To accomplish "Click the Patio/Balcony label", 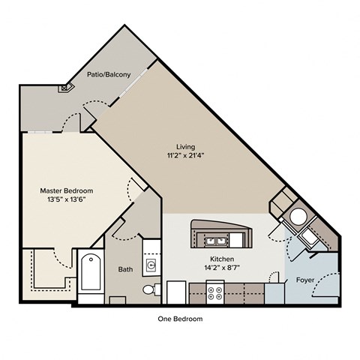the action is [x=109, y=74].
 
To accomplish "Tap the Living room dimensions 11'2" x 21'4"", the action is [x=186, y=155].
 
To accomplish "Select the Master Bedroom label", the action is [x=67, y=190].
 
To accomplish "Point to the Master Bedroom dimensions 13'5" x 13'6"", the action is [x=67, y=199].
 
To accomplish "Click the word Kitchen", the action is [x=222, y=259].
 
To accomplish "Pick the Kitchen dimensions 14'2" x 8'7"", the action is [x=222, y=268].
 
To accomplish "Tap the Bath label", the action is [x=125, y=269].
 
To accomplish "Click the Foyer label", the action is [x=305, y=280].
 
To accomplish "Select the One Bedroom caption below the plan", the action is [x=180, y=319].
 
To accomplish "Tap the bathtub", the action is [x=91, y=272].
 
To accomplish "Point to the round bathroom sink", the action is [x=151, y=265].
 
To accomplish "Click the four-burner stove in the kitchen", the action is [x=215, y=292].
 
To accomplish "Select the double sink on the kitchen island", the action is [x=216, y=241].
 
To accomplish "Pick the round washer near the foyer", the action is [x=298, y=217].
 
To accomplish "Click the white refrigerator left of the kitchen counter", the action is [x=176, y=292].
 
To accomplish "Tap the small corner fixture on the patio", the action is [x=66, y=88].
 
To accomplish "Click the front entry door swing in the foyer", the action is [x=325, y=285].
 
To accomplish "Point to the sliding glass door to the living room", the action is [x=133, y=82].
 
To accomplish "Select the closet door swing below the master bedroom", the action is [x=63, y=259].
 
